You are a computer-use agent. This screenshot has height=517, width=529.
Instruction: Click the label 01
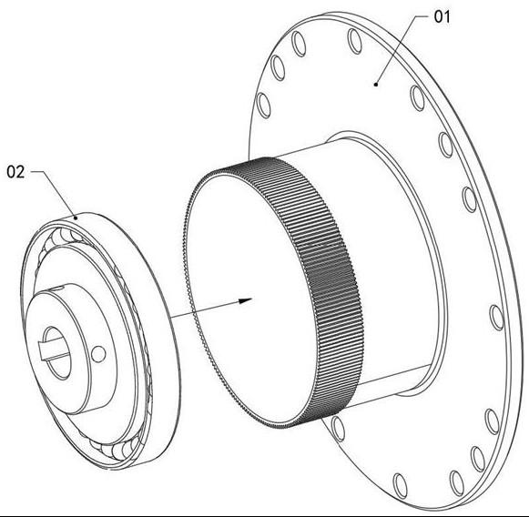point(442,17)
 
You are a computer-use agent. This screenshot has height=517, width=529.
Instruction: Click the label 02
point(15,172)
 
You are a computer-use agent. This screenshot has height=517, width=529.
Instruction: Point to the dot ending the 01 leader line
point(376,85)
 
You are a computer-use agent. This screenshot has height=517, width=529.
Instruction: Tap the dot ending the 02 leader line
point(76,218)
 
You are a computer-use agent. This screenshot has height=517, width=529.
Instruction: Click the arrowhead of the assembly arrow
point(246,300)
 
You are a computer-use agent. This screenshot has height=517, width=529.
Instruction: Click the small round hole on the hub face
point(98,354)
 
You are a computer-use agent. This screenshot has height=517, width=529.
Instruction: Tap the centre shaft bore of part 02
point(56,352)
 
